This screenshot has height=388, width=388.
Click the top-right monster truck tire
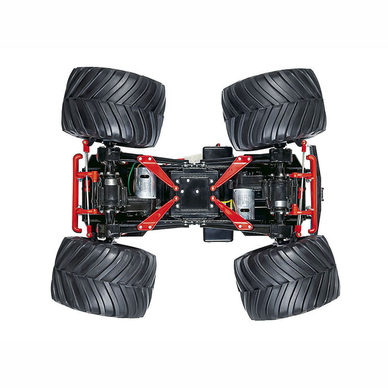click(274, 109)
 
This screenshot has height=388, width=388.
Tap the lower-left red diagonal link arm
click(157, 213)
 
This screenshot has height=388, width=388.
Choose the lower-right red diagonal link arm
click(232, 213)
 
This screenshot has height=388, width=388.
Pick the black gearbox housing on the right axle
click(277, 191)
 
